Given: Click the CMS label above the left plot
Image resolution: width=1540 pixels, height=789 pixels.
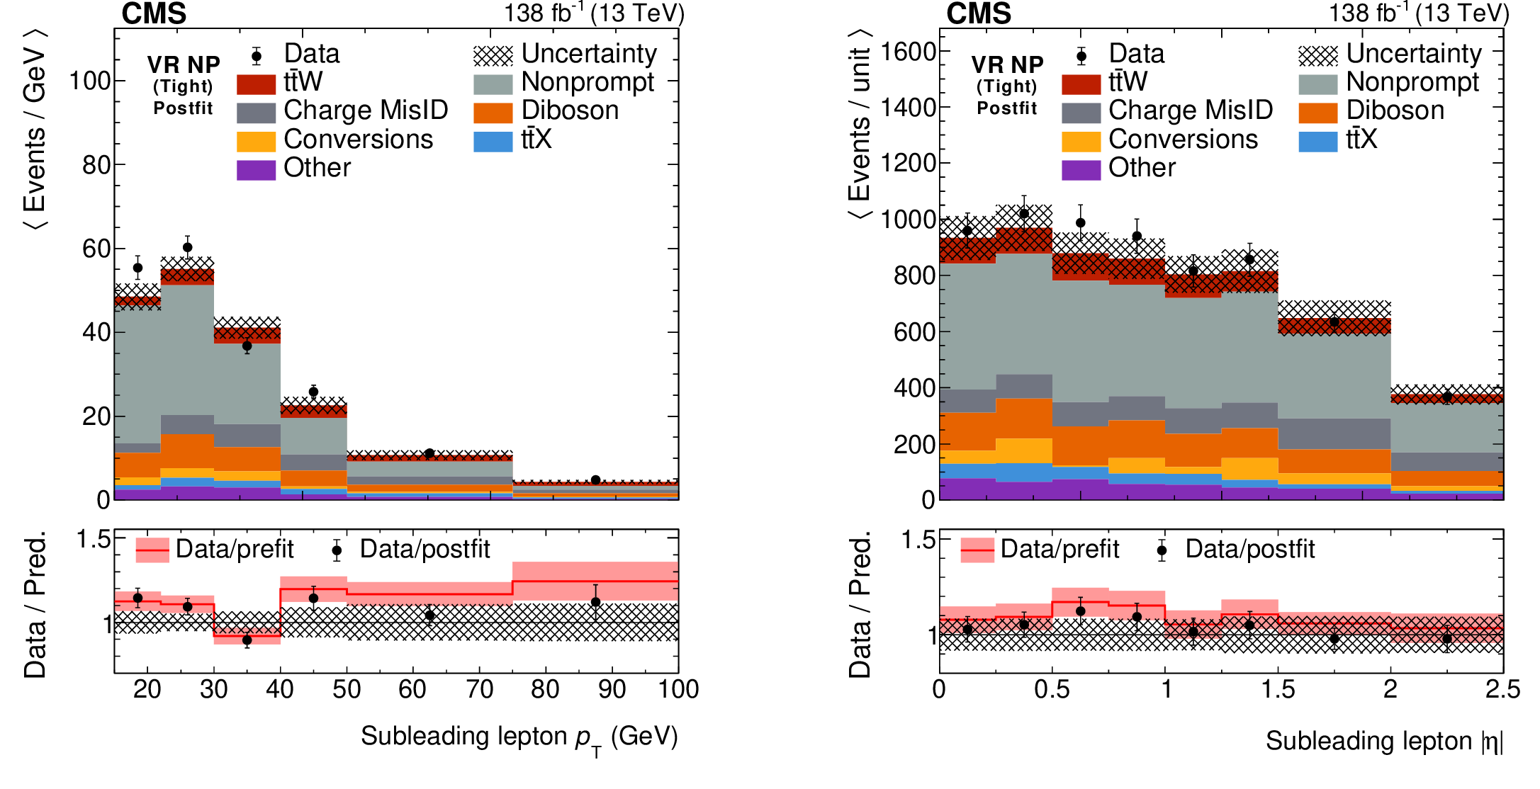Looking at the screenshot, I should click(x=154, y=13).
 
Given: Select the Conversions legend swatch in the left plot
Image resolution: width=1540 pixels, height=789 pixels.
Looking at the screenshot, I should click(x=256, y=141).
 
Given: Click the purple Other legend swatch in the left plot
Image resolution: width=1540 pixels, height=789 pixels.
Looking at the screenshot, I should click(x=256, y=170).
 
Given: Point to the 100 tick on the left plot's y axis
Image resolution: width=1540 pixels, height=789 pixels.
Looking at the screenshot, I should click(x=89, y=81).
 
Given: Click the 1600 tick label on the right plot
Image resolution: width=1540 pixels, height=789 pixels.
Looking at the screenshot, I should click(x=908, y=52).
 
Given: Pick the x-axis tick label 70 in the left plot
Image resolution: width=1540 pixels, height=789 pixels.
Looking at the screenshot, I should click(x=479, y=689).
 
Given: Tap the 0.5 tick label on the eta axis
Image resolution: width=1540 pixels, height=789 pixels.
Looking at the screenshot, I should click(x=1052, y=689).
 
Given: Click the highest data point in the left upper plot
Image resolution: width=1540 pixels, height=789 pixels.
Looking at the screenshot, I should click(x=187, y=247).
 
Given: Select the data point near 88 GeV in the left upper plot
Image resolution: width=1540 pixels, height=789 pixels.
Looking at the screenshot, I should click(x=595, y=479).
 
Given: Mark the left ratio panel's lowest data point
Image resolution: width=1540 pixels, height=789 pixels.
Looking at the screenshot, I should click(x=247, y=640).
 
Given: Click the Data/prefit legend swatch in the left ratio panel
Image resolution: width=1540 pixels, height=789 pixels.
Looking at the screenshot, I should click(x=152, y=550).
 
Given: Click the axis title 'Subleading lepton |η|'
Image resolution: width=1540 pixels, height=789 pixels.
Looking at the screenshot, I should click(x=1383, y=741).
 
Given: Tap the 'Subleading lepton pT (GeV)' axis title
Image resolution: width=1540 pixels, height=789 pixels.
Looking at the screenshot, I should click(x=519, y=737).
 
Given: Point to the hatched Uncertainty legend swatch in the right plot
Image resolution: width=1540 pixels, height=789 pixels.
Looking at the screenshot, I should click(x=1317, y=55).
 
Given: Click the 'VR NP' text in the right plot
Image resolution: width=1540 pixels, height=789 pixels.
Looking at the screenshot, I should click(x=1007, y=65).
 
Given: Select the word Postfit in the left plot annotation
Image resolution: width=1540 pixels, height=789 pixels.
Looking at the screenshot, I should click(x=183, y=108).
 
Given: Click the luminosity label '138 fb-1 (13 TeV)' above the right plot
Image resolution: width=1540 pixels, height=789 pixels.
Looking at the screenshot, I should click(x=1418, y=13).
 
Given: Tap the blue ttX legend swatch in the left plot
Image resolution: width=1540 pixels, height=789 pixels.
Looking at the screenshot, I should click(x=493, y=141).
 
